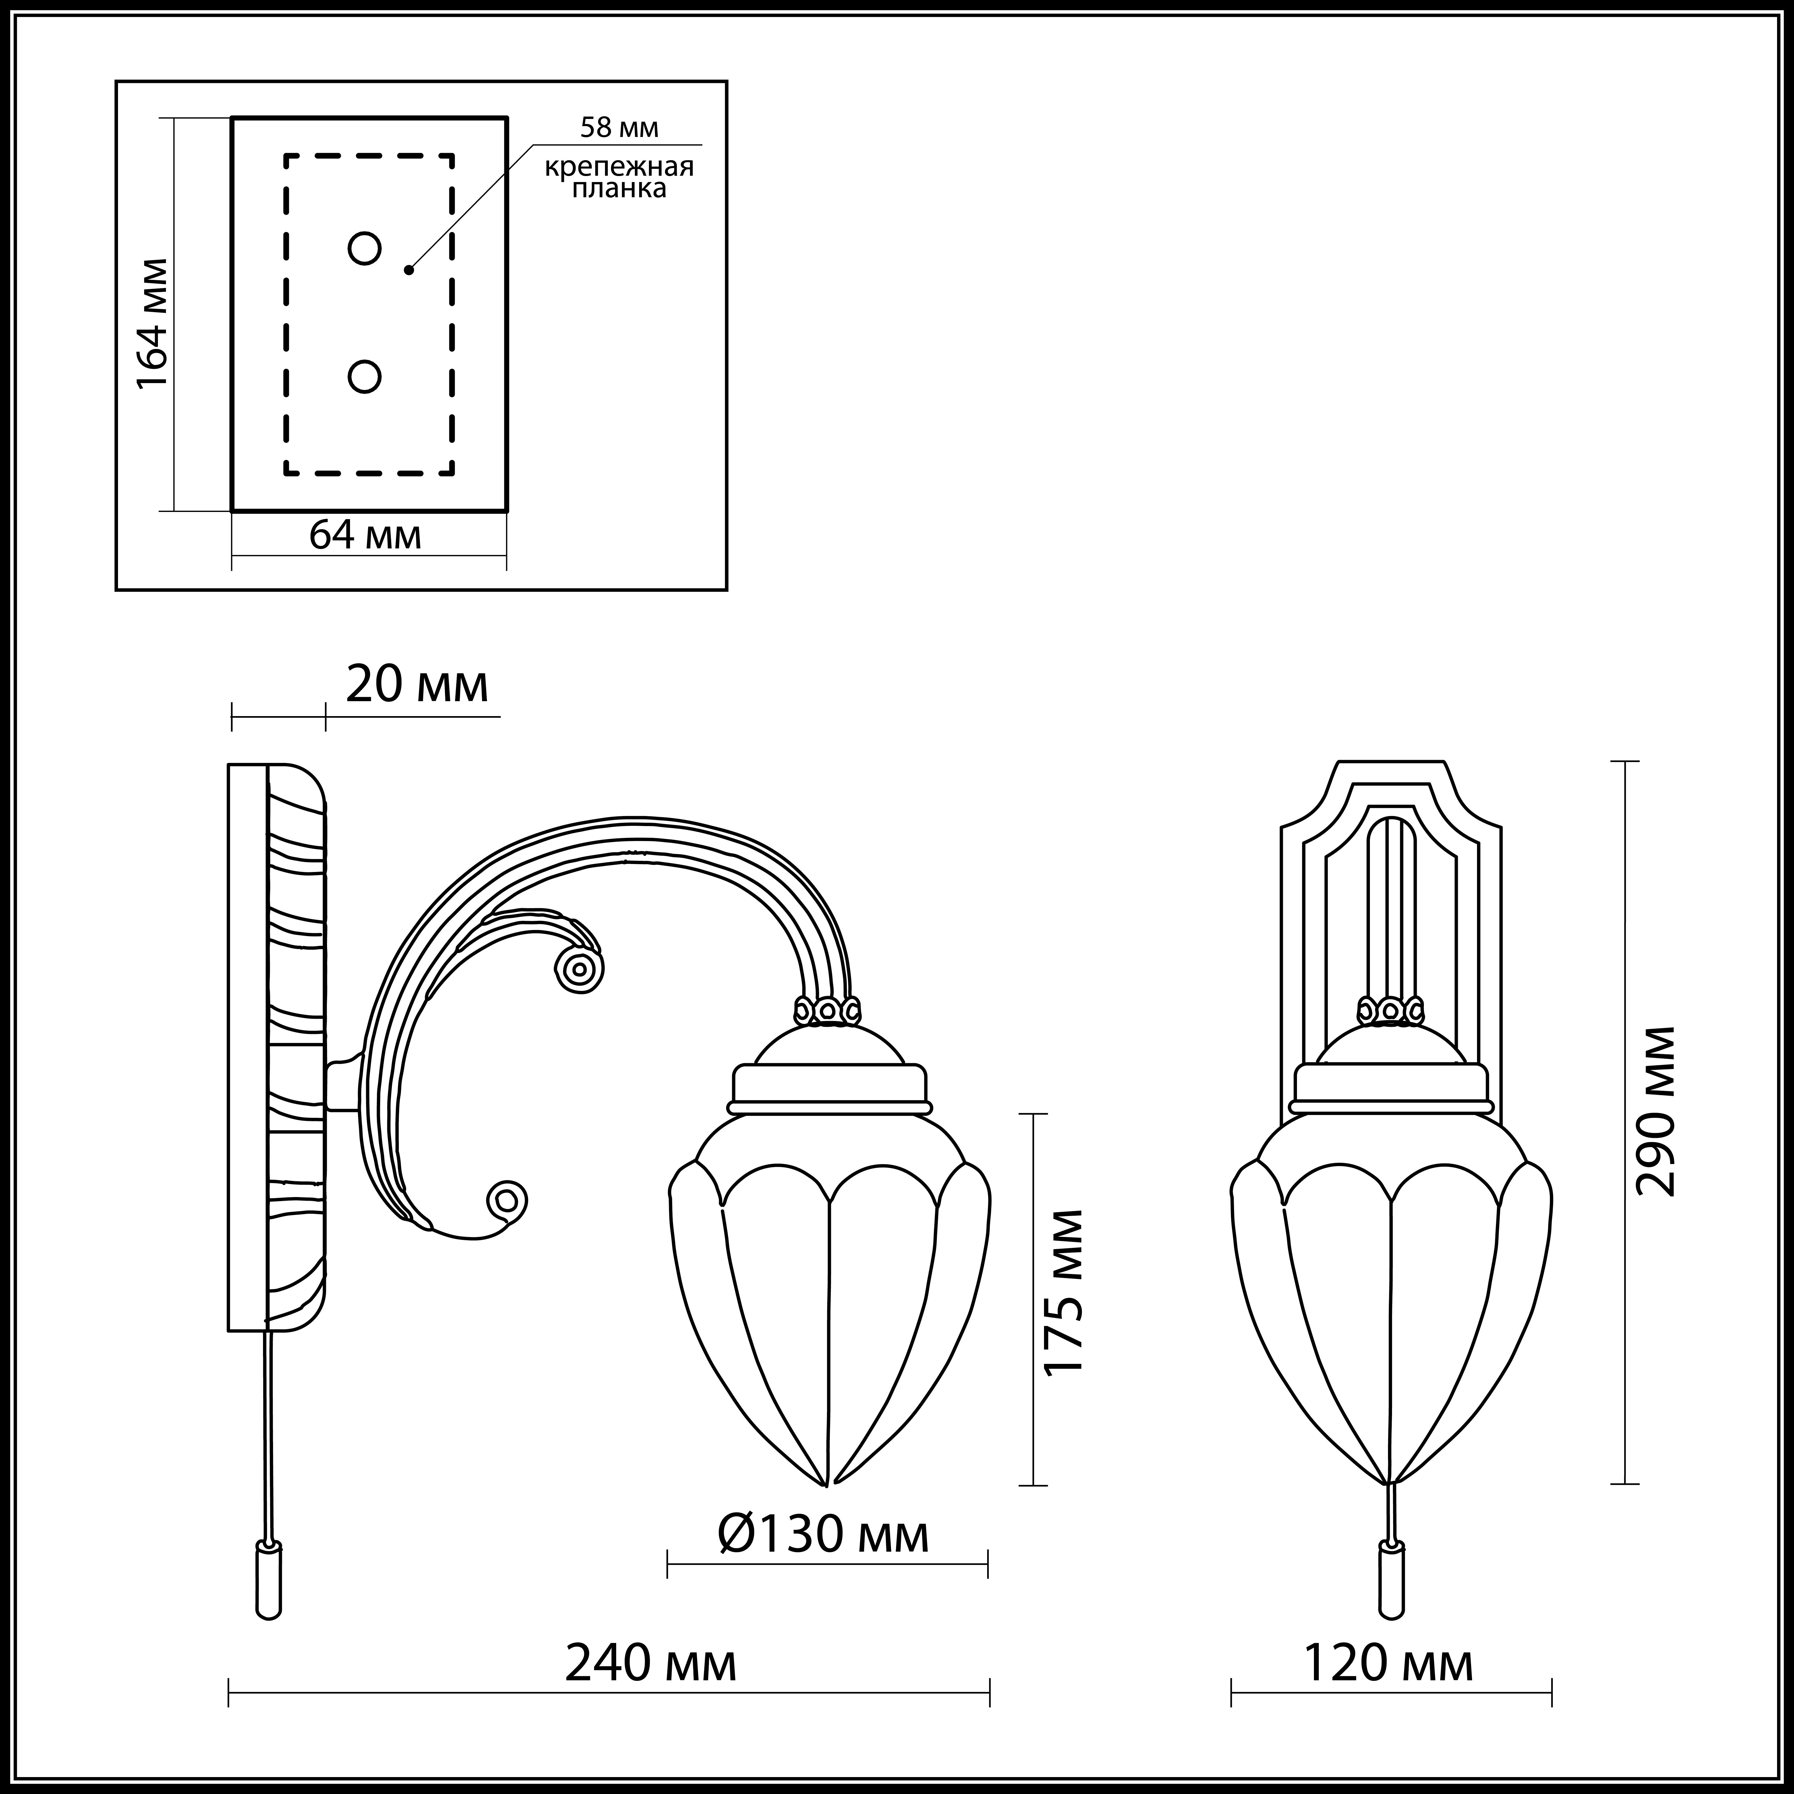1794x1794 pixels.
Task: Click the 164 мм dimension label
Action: [153, 323]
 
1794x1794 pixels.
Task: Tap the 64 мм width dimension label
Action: [365, 535]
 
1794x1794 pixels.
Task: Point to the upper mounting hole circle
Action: [364, 249]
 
